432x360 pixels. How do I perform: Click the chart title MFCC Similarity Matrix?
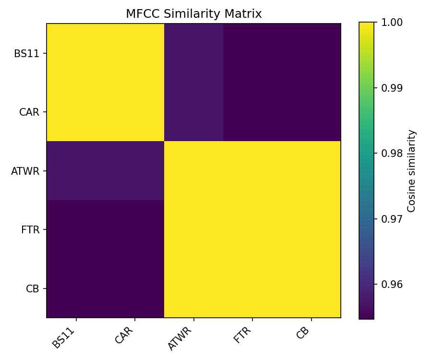coord(193,14)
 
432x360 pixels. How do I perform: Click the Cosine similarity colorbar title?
coord(411,171)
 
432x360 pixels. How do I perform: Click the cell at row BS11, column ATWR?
coord(194,53)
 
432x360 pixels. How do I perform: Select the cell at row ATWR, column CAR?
coord(135,171)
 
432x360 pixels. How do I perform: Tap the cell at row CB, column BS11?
coord(76,288)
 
